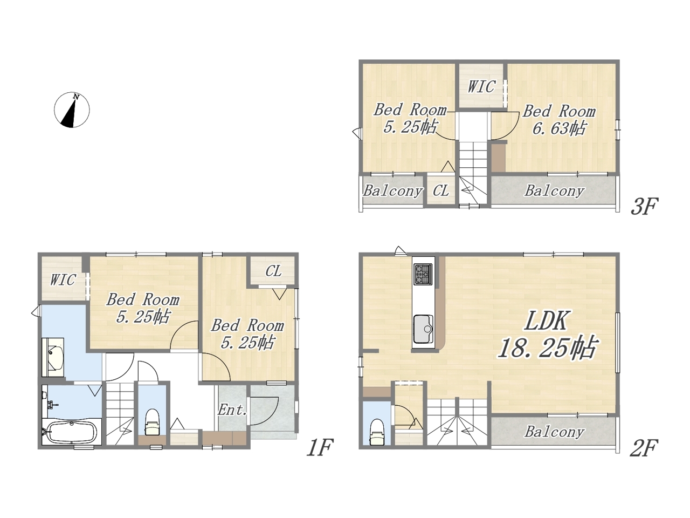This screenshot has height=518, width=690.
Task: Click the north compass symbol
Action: (72, 110)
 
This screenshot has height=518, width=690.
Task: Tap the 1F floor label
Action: (319, 447)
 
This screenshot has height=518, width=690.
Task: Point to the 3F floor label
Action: (644, 206)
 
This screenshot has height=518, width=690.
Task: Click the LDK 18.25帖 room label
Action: (547, 335)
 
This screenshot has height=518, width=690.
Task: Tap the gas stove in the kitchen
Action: (423, 275)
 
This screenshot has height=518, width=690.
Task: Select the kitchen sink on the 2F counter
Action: (423, 329)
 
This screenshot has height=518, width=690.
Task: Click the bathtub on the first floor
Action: (72, 432)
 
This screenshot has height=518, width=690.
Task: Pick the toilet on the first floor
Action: (152, 422)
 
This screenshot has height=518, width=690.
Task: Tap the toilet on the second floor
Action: (377, 432)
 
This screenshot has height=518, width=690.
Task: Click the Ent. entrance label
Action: (232, 410)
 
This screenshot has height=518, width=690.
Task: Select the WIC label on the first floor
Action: (63, 280)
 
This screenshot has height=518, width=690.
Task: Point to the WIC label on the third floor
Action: (481, 86)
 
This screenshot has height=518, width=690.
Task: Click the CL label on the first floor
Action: (273, 271)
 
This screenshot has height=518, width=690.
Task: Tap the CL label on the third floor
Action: (441, 190)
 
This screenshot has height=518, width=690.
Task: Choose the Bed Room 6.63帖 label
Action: (559, 120)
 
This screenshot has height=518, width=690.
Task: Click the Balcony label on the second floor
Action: (554, 432)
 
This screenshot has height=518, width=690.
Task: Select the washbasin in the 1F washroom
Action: (54, 357)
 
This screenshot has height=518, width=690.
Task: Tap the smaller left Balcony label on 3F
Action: (392, 191)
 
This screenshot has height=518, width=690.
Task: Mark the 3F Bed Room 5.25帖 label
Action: (410, 119)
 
